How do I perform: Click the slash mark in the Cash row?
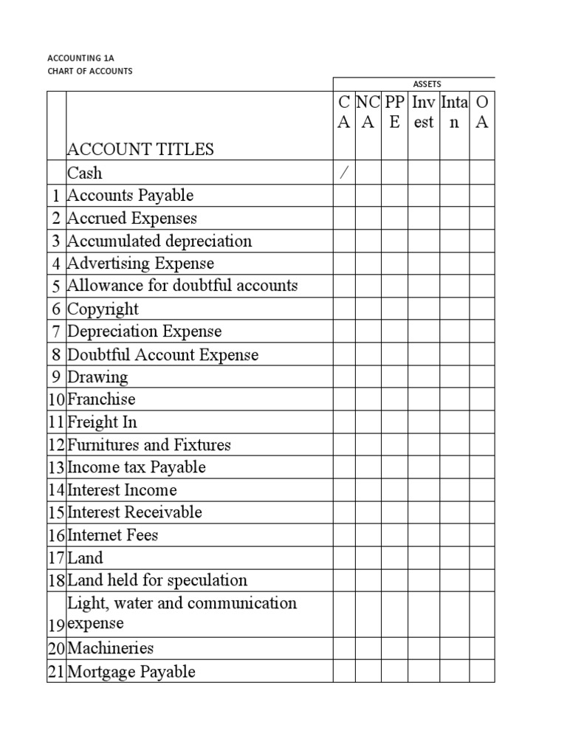point(343,173)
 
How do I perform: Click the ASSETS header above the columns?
point(427,84)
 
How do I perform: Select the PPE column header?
point(394,113)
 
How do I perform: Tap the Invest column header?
point(424,113)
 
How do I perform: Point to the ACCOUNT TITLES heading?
point(140,149)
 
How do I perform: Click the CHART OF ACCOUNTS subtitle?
point(89,71)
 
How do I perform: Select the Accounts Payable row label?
point(130,196)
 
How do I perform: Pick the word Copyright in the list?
point(103,309)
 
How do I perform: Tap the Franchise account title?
point(101,399)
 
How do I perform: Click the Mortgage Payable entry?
point(131,672)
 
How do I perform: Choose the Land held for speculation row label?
point(157,580)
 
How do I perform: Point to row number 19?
point(57,625)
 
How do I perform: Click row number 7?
point(57,331)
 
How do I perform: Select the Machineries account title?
point(110,649)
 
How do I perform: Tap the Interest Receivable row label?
point(134,512)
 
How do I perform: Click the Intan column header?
point(454,113)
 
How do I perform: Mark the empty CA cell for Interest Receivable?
point(344,512)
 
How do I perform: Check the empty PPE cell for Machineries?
point(394,649)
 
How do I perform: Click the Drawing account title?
point(97,377)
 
